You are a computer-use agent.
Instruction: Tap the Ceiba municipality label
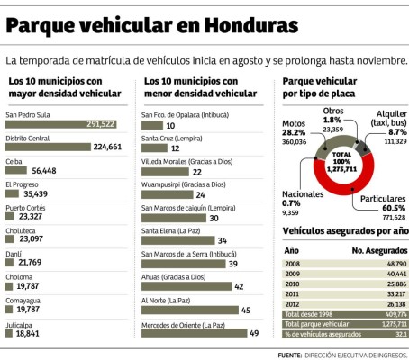(x=15, y=160)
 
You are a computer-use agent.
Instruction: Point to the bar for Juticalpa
(x=10, y=334)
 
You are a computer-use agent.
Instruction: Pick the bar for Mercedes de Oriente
(x=194, y=334)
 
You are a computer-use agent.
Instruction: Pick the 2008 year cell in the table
(x=293, y=265)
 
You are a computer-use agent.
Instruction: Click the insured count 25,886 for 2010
(x=393, y=283)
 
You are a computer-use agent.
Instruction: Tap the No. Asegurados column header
(x=378, y=250)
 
